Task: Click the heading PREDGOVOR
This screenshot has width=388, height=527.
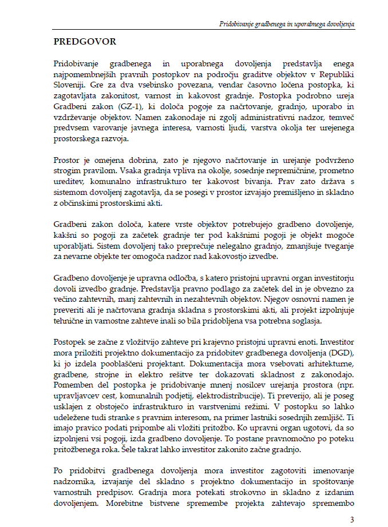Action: (x=85, y=42)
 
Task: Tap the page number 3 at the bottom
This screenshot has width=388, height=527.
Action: (x=351, y=519)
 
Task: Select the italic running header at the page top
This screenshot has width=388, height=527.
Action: (x=287, y=25)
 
